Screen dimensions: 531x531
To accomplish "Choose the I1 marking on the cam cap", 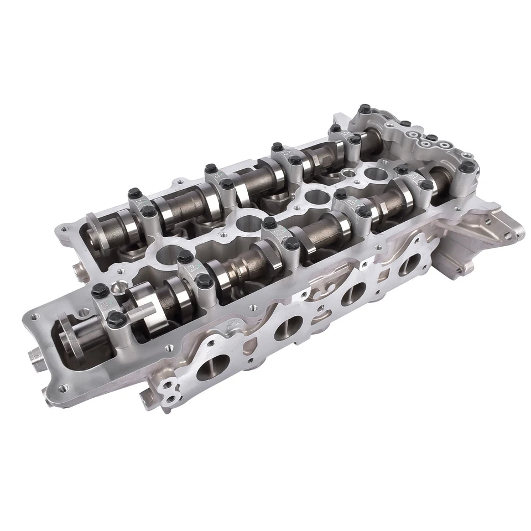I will coord(346,133).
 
